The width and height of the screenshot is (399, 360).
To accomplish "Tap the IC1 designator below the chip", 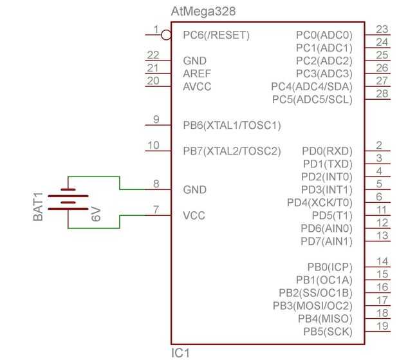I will click(180, 353).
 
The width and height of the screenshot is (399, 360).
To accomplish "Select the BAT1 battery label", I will click(39, 207).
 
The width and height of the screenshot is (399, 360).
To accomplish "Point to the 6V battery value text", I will click(96, 214).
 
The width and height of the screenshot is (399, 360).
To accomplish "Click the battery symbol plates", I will click(68, 202).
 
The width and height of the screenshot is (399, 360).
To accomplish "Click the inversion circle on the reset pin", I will click(165, 33).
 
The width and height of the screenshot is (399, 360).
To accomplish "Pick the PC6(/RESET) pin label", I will click(216, 35).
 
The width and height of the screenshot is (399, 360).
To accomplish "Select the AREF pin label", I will click(197, 73).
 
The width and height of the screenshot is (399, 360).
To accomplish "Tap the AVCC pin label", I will click(197, 86).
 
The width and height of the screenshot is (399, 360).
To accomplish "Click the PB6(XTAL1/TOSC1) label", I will click(232, 125).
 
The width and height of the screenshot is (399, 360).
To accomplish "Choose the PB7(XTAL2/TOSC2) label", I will click(232, 151).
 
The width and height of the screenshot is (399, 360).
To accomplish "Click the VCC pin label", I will click(194, 215).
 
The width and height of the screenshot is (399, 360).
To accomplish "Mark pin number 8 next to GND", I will click(156, 184).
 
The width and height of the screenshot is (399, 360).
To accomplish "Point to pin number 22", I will click(153, 55).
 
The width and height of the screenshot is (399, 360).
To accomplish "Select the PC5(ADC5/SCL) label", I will click(312, 99).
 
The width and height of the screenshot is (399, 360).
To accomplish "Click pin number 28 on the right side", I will click(382, 94).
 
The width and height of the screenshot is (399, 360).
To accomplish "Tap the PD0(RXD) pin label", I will click(327, 151).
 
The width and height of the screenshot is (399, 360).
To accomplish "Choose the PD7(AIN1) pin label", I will click(326, 241).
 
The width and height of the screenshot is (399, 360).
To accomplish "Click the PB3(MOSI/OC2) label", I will click(313, 305).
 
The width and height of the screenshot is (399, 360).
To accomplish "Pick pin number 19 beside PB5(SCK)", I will click(382, 326).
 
